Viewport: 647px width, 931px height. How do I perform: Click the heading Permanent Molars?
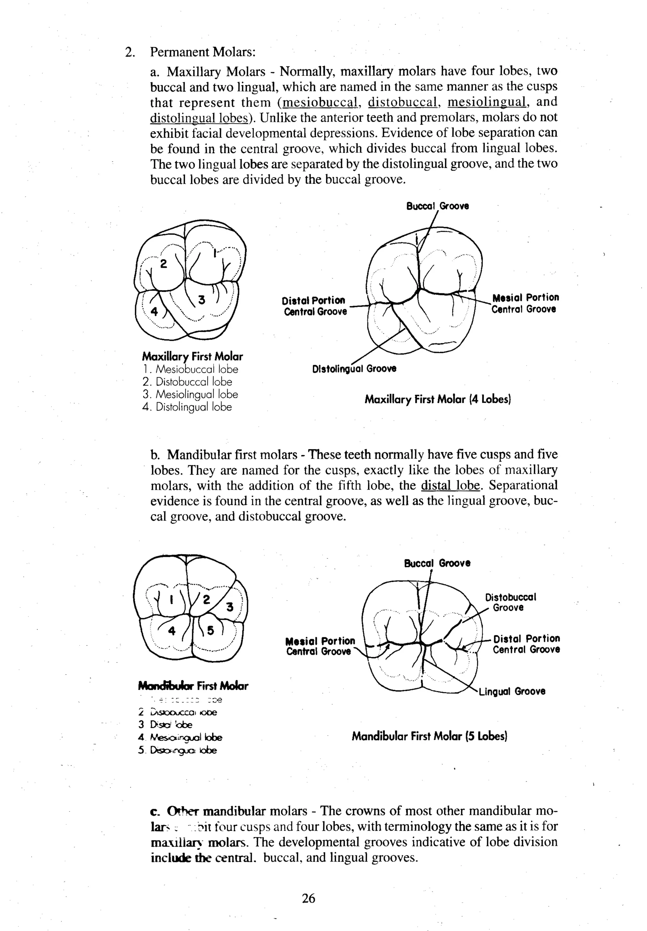coord(203,52)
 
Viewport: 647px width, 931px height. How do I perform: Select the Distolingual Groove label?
coord(354,369)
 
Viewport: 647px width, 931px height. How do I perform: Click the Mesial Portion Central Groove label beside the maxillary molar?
coord(525,303)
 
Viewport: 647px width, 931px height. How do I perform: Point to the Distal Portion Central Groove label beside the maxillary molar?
coord(314,306)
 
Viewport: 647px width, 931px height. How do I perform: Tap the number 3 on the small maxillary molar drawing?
coord(201,300)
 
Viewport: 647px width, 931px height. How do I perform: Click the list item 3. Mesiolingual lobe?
coord(190,394)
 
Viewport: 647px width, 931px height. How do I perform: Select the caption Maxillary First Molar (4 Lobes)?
coord(438,399)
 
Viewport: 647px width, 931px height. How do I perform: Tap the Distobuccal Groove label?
coord(510,602)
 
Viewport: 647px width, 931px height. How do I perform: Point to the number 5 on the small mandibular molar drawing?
coord(210,631)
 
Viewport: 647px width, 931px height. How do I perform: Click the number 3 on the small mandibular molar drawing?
coord(230,607)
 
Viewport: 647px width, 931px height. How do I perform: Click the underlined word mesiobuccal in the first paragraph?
coord(320,102)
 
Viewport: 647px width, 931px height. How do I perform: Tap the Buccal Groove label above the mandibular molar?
coord(437,563)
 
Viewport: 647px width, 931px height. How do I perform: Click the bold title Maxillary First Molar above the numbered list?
coord(192,357)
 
